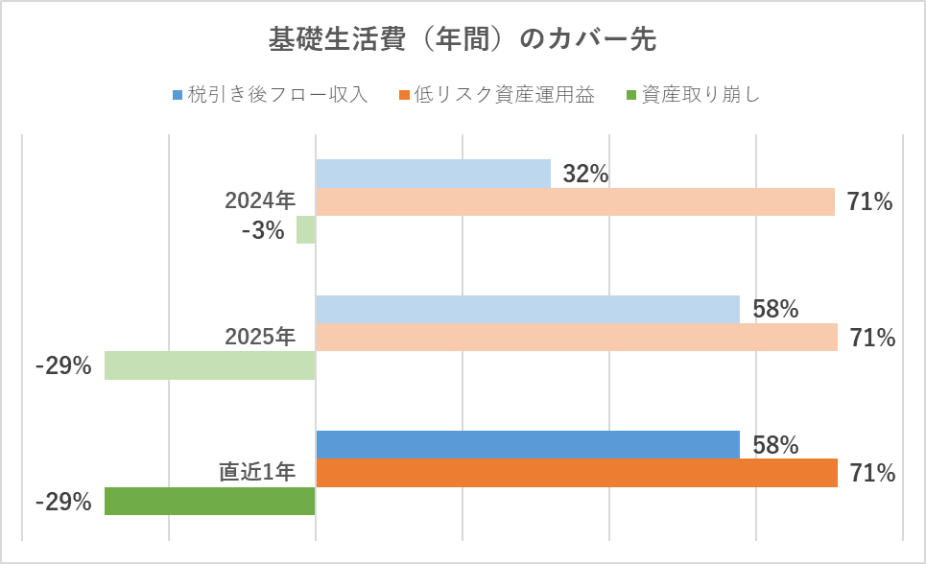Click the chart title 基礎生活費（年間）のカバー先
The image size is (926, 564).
tap(463, 40)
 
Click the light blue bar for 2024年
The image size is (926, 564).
tap(433, 174)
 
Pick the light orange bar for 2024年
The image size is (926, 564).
tap(575, 201)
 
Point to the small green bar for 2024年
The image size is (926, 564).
tap(306, 230)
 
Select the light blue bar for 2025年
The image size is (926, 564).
tap(528, 310)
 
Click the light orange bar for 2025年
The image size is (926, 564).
tap(577, 338)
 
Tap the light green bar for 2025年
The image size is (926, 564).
tap(210, 365)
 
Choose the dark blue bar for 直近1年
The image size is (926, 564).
tap(528, 445)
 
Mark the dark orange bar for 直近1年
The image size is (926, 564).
tap(577, 473)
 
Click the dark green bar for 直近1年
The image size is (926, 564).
tap(210, 502)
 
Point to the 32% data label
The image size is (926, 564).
tap(585, 175)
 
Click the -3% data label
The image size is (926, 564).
tap(263, 231)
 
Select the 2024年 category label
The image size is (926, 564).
tap(260, 201)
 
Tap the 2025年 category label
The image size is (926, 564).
tap(260, 338)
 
